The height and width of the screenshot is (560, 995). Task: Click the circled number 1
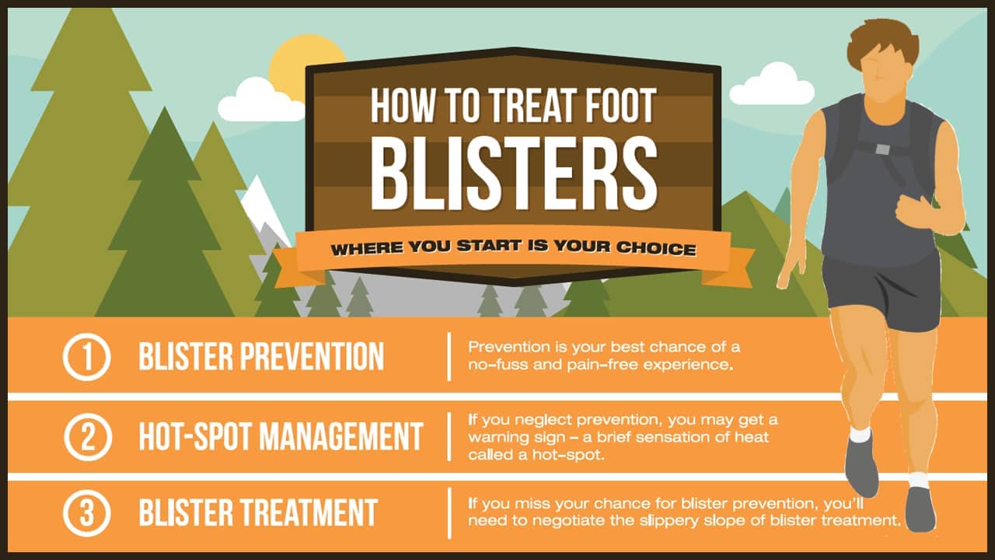coord(86,357)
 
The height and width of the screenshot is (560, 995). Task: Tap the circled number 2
coord(88,436)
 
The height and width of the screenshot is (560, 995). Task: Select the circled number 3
coord(86,513)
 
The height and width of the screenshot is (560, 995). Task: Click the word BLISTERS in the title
coord(514,173)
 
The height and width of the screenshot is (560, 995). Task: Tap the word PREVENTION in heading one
coord(312,356)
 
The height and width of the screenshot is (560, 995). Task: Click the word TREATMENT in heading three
coord(305,513)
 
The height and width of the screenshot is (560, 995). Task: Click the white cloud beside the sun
coord(261,100)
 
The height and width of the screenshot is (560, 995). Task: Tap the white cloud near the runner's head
coord(772,85)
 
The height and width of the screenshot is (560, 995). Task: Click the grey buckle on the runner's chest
coord(882,149)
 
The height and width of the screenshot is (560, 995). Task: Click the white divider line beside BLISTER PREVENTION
coord(449,356)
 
